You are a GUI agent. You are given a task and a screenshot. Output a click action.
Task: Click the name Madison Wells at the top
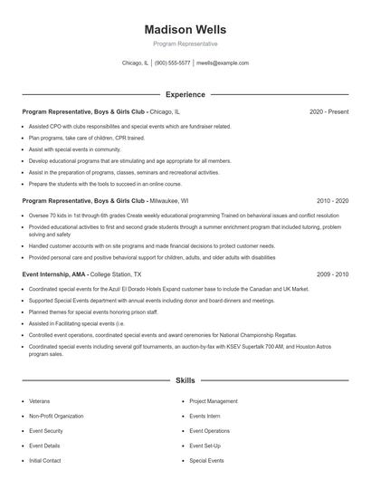coord(185,30)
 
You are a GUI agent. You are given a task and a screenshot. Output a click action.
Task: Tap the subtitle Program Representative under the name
coord(185,44)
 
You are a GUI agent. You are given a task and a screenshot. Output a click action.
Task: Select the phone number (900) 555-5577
coord(172,63)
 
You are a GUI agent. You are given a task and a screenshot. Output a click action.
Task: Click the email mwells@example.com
coord(222,63)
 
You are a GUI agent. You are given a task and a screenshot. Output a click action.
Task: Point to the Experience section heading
coord(185,94)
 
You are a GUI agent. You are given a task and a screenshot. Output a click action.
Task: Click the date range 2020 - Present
coord(328,111)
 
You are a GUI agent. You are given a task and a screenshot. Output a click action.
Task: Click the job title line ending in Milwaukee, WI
coord(105,200)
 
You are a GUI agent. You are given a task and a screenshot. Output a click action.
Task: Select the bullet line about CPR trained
coord(86,138)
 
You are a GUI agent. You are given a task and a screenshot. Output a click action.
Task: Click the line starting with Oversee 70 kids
coord(181,216)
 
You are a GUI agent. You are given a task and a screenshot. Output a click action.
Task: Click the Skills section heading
coord(185,381)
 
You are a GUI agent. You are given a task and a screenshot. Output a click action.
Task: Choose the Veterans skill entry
coord(40,400)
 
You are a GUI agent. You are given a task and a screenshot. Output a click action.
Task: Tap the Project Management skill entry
coord(214,400)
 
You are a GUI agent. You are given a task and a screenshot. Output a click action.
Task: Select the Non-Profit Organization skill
coord(56,416)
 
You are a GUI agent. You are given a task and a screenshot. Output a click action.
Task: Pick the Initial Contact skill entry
coord(45,460)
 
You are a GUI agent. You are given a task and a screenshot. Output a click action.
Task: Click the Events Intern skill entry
coord(205,416)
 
